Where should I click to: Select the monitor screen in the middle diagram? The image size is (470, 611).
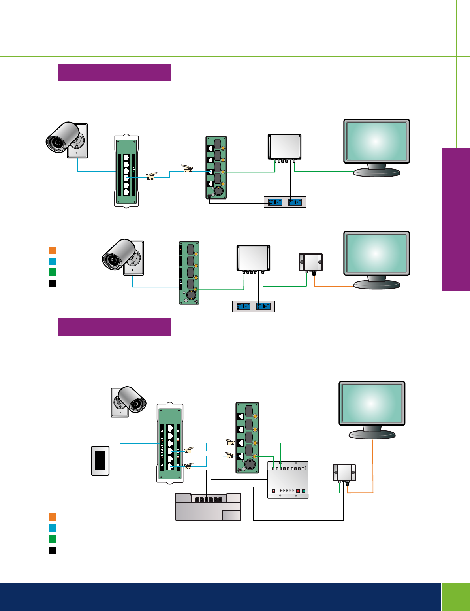[x=376, y=253]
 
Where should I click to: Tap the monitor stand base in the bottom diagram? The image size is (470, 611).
[x=372, y=435]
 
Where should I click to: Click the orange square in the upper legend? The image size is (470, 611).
[x=52, y=250]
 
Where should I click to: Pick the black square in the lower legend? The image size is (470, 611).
[x=52, y=550]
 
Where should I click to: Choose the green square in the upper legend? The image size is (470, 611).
[x=52, y=272]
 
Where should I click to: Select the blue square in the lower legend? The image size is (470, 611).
[x=52, y=528]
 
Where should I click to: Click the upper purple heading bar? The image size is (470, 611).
[x=114, y=73]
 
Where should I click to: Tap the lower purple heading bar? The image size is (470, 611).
[x=114, y=327]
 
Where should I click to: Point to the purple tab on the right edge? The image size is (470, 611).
[x=456, y=220]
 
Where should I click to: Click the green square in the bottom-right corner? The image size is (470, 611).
[x=456, y=596]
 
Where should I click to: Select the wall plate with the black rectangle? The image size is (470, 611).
[x=100, y=460]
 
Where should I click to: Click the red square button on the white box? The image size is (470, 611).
[x=298, y=491]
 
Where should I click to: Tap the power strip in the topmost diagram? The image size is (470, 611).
[x=285, y=202]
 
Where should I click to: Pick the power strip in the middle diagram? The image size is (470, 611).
[x=253, y=306]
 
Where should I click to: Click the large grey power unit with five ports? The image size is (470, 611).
[x=208, y=507]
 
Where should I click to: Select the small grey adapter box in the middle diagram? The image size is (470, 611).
[x=311, y=262]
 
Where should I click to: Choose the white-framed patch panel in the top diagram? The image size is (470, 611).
[x=126, y=171]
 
